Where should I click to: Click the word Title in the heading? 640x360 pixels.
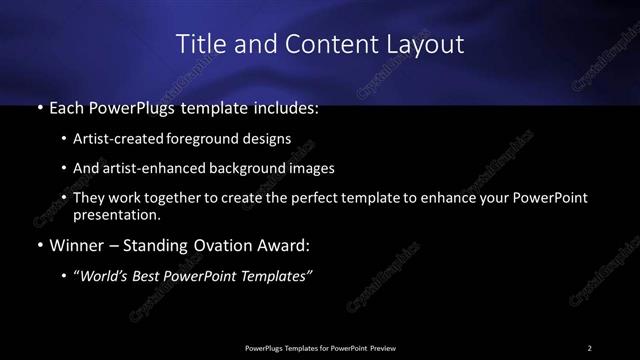(200, 44)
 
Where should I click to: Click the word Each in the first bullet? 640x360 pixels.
(66, 105)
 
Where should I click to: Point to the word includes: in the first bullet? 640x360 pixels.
(285, 105)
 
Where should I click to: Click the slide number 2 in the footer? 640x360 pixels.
(590, 347)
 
